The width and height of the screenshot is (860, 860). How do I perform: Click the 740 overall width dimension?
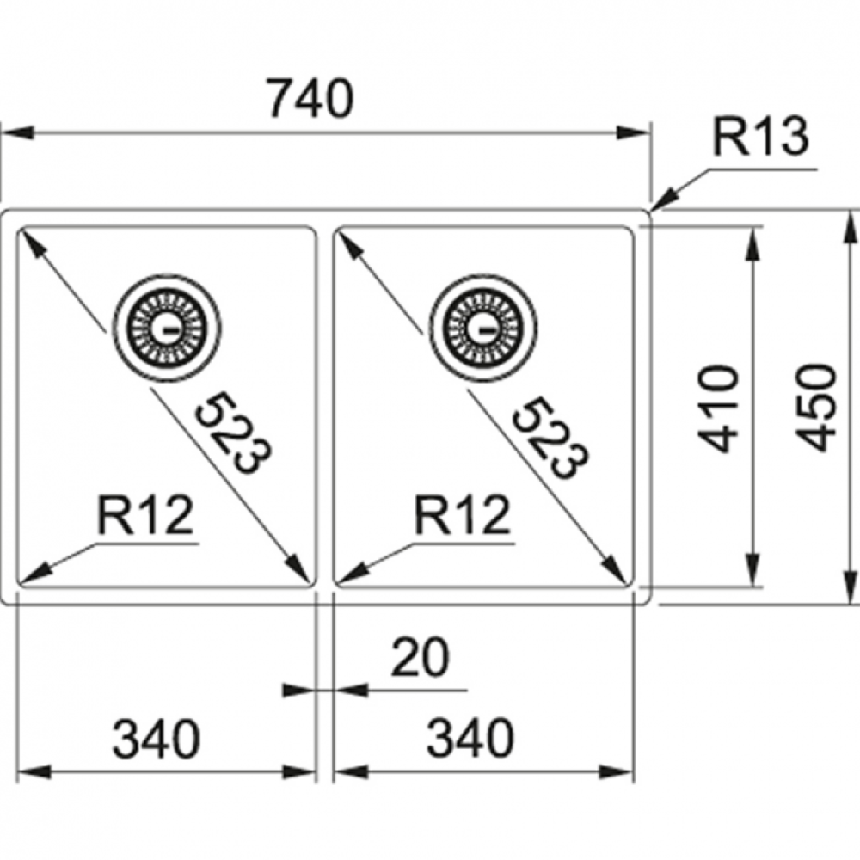310,100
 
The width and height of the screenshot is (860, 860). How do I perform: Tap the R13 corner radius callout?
761,138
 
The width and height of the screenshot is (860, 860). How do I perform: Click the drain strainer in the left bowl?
168,327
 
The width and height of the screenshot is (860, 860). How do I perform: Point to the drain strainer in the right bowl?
484,327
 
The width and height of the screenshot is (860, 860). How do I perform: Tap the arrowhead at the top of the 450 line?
850,229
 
